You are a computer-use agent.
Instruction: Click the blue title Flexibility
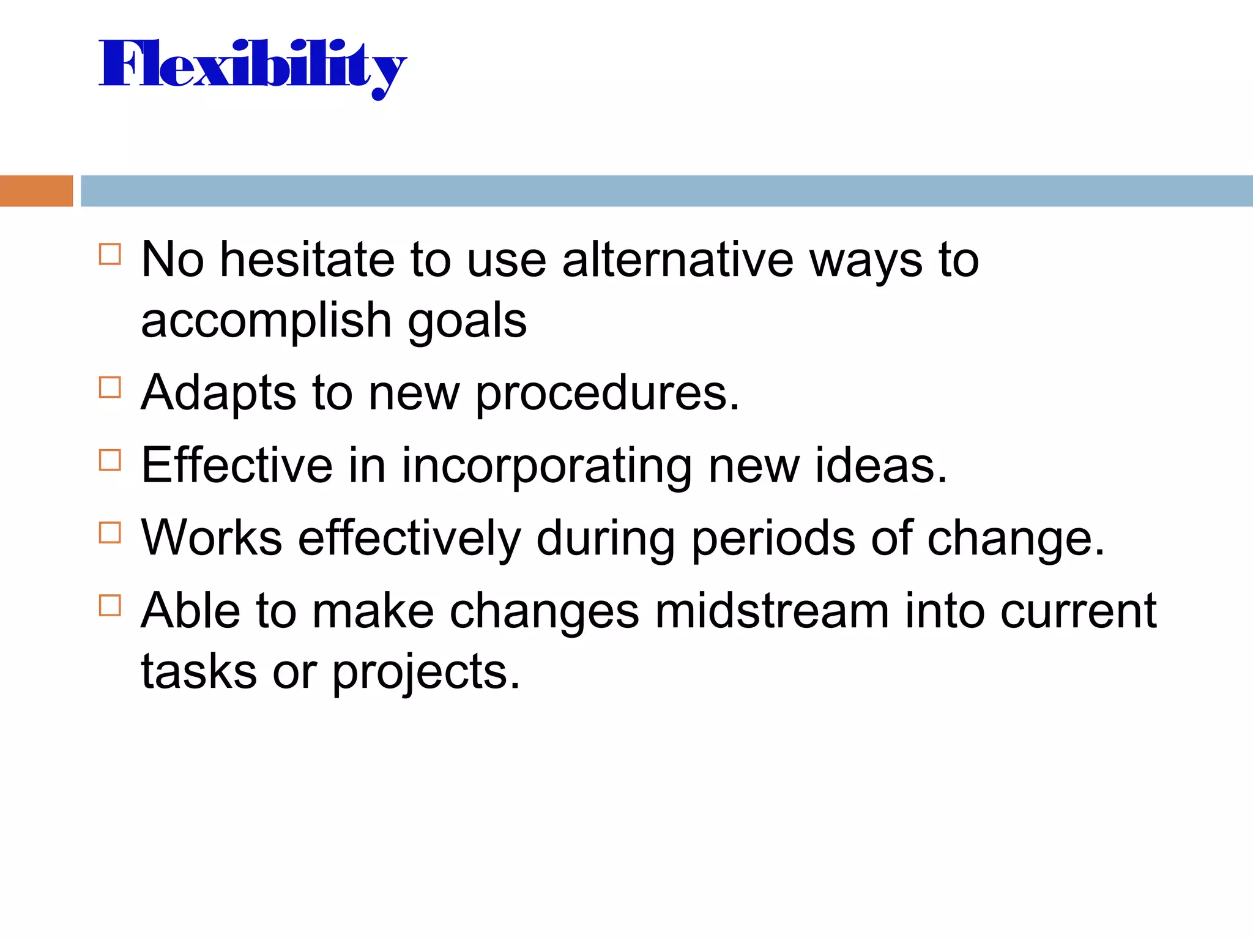pos(252,66)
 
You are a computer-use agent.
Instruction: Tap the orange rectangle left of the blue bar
pos(36,191)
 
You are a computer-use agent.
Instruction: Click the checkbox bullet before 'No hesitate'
pos(110,254)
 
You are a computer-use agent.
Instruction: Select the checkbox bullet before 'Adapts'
pos(110,387)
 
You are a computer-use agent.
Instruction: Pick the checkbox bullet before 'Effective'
pos(110,460)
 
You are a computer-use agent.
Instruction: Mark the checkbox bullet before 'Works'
pos(110,532)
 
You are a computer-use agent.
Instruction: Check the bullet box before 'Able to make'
pos(110,605)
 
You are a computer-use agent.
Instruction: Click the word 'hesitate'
pos(307,259)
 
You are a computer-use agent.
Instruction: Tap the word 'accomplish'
pos(266,321)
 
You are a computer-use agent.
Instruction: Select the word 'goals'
pos(467,321)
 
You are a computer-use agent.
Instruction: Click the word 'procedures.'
pos(608,394)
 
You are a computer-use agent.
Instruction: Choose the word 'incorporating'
pos(546,466)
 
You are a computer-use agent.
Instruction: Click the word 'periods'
pos(773,539)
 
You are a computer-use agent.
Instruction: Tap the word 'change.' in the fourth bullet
pos(1016,539)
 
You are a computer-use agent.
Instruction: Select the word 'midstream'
pos(772,611)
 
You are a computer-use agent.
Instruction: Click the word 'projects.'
pos(426,672)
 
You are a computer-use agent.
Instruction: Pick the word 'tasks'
pos(199,672)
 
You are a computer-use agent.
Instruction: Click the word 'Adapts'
pos(218,394)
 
